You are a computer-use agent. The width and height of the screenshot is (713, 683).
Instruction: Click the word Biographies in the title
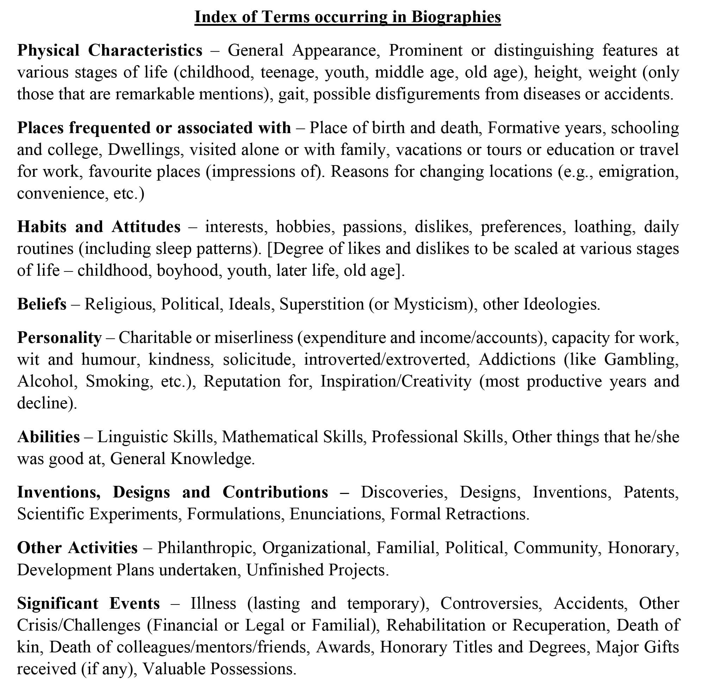(x=456, y=17)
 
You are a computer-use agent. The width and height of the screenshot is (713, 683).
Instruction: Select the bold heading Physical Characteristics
(x=110, y=50)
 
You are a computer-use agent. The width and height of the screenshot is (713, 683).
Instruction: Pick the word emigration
(x=638, y=171)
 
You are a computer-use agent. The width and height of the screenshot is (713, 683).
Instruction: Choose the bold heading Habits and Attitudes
(x=99, y=227)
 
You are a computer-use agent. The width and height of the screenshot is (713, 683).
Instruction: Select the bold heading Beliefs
(x=42, y=304)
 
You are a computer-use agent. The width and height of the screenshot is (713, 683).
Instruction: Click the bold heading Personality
(x=59, y=338)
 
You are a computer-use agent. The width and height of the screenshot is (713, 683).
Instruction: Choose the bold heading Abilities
(x=48, y=437)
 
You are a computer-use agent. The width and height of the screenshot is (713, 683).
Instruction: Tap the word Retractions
(x=487, y=514)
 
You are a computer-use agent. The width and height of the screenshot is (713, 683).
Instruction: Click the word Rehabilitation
(x=436, y=625)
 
